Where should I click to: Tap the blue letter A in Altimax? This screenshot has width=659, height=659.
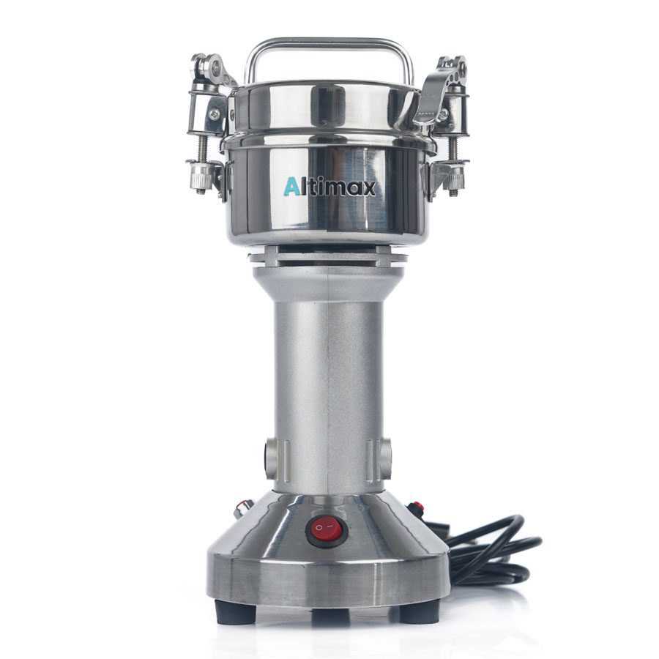[x=291, y=187]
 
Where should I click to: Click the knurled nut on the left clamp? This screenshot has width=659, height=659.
[x=200, y=176]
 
